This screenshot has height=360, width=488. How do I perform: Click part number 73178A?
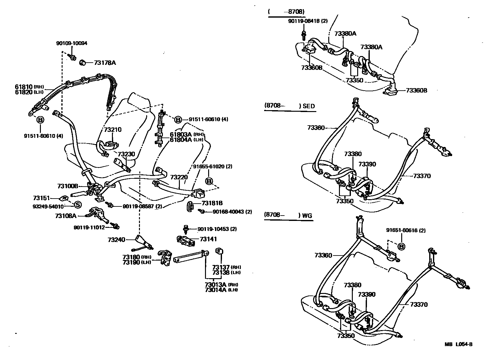105,63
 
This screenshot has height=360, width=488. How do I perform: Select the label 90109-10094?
72,43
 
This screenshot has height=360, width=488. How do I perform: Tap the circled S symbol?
77,205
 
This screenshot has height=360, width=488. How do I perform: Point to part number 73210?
113,130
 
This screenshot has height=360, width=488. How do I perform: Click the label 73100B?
68,186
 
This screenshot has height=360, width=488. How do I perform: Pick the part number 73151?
42,198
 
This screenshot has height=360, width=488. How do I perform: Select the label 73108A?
66,216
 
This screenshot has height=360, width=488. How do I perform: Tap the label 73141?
208,239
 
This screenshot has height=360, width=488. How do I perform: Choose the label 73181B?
212,203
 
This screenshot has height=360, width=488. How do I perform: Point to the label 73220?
179,177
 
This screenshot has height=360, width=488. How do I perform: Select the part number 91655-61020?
213,166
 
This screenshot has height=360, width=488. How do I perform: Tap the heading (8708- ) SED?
289,106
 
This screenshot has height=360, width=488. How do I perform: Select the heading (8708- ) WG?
288,215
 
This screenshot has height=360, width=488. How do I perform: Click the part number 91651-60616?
406,230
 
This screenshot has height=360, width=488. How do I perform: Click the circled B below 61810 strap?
40,120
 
